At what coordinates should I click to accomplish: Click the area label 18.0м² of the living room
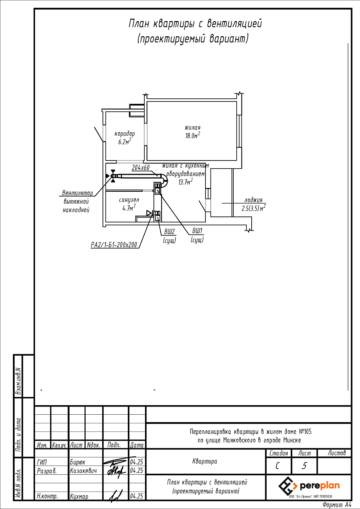point(193,135)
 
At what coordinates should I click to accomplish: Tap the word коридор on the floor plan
point(125,134)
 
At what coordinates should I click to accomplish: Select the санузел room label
point(129,200)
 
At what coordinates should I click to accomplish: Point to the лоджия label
point(253,200)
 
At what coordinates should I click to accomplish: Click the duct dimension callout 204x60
point(141,168)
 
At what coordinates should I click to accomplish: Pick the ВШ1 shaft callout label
point(197,231)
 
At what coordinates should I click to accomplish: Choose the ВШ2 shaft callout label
point(169,231)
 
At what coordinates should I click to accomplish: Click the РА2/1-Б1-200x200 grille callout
point(114,245)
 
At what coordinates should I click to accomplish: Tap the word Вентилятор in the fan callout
point(77,193)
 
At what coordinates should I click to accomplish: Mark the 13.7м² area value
point(185,182)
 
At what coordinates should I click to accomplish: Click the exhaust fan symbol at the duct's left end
point(112,176)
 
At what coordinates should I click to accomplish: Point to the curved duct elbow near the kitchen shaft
point(165,180)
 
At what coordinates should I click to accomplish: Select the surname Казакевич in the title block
point(83,471)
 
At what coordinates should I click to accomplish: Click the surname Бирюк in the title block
point(77,462)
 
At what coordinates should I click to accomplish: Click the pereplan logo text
point(320,486)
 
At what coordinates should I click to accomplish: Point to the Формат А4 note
point(337,505)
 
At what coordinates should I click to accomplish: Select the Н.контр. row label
point(47,496)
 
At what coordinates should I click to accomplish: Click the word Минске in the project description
point(292,440)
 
